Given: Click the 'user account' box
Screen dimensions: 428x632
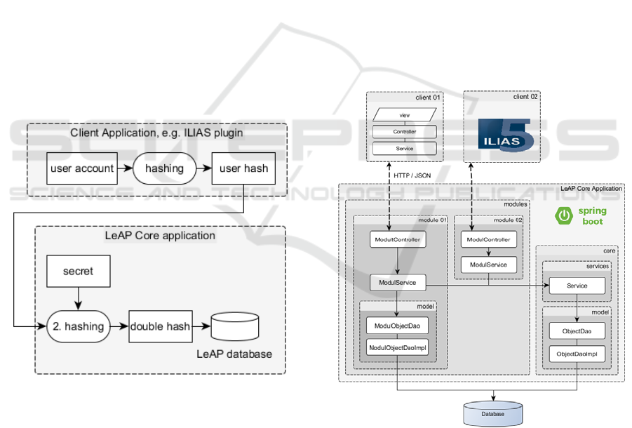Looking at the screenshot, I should tap(82, 168).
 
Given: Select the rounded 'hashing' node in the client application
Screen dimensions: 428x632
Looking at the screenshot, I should tap(163, 168).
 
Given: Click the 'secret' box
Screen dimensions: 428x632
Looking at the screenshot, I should tap(78, 271).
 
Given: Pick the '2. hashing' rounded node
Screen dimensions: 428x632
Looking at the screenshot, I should tap(79, 326).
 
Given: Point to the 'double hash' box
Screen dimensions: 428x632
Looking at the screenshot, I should tap(161, 326).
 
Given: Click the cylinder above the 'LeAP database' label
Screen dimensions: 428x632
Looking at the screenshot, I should tap(234, 326).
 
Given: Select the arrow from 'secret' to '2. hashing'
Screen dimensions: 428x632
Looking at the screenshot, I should tap(78, 297).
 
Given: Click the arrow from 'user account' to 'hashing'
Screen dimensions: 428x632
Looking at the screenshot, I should tap(126, 168).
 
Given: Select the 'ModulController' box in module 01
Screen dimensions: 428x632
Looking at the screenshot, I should tap(398, 240).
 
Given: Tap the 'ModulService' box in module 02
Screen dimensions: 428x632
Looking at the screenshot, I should tap(489, 265).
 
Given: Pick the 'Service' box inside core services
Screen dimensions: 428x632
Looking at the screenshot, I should tap(577, 286).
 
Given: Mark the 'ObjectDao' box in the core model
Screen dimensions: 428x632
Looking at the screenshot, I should tap(577, 330).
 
